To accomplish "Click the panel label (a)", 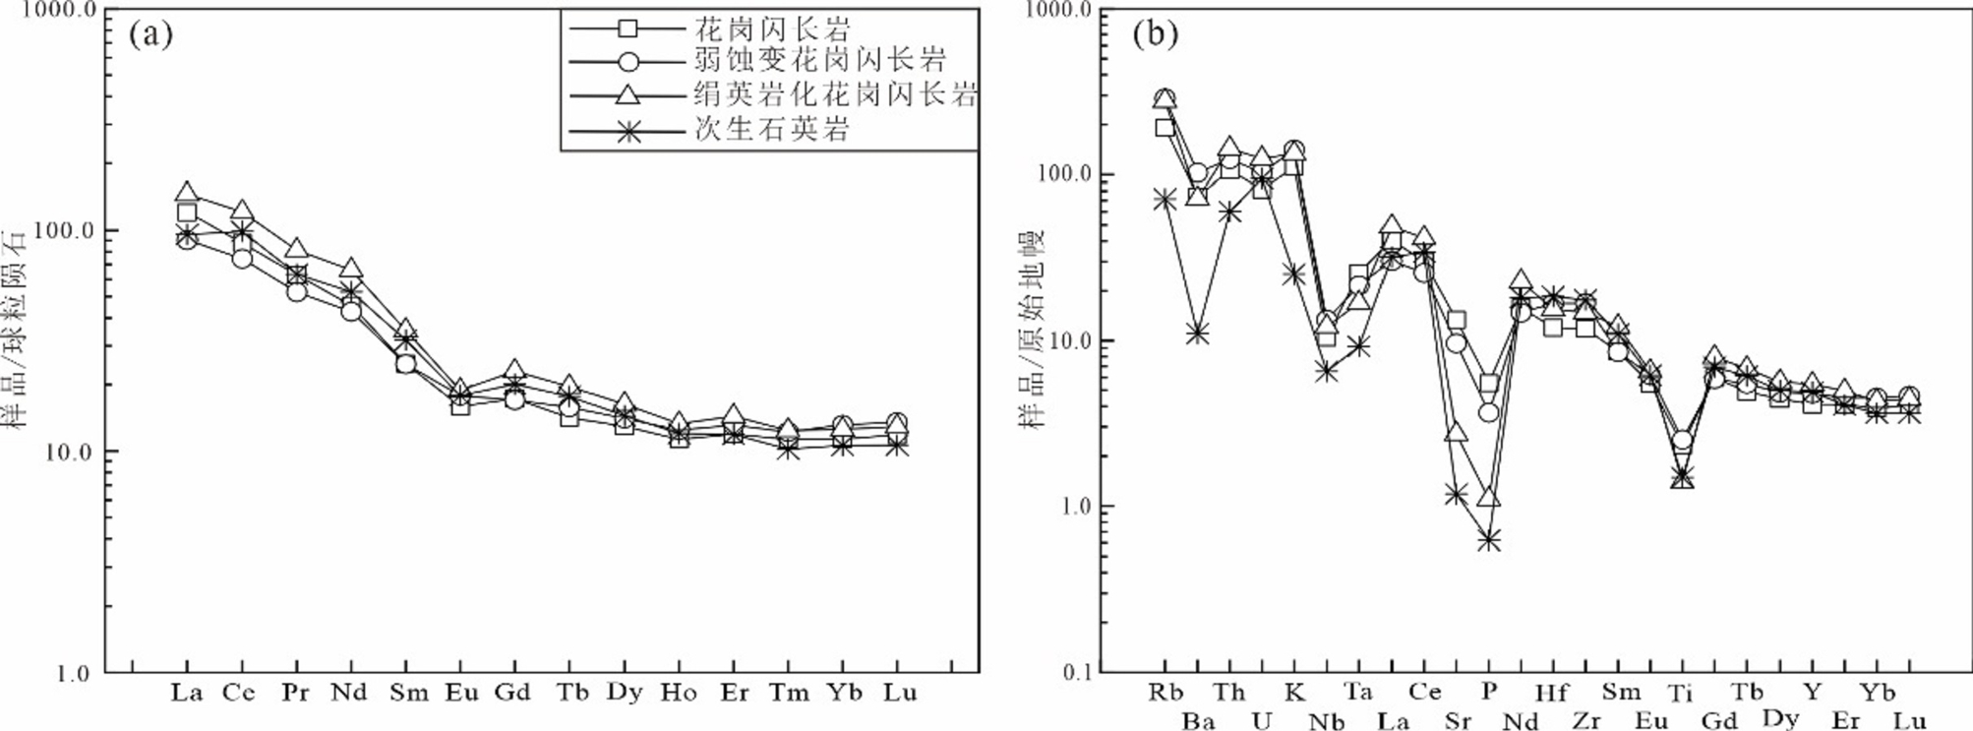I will [150, 35].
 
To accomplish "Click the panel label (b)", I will [1155, 35].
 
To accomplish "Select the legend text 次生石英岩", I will [771, 129].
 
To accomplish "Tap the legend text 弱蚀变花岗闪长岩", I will [818, 61].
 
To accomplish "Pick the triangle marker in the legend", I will [628, 94].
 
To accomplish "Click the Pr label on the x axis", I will [294, 693].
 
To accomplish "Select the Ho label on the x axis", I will [678, 693].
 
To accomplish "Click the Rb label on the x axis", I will [1166, 692].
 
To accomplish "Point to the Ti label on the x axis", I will [1681, 693].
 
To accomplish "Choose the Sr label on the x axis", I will [1457, 722].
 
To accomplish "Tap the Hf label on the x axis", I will [1552, 693].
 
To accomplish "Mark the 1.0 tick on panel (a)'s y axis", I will [73, 674].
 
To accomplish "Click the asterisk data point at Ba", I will [1197, 335].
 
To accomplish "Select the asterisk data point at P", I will [1489, 540].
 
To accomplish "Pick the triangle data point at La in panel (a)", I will [187, 193].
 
